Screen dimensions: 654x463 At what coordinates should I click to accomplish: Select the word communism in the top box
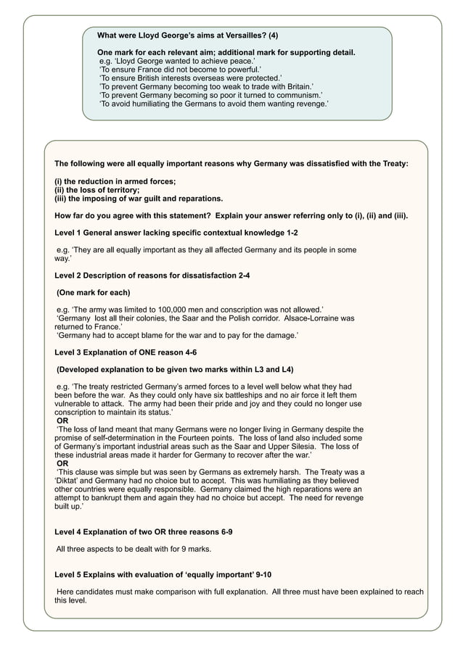(298, 95)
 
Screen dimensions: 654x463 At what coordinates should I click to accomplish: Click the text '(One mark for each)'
(94, 292)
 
